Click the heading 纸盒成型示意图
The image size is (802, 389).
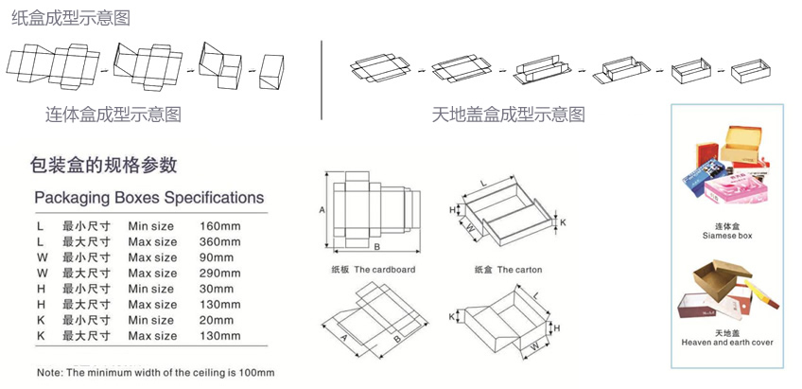[71, 18]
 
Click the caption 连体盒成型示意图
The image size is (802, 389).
[113, 115]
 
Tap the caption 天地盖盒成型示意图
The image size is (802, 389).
[508, 115]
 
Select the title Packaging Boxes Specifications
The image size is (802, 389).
[148, 198]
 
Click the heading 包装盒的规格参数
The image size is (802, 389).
[104, 165]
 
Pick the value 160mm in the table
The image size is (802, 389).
[220, 226]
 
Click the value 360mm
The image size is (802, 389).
[220, 242]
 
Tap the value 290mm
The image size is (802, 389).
[220, 274]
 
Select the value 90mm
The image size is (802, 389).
[218, 257]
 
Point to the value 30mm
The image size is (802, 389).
[218, 289]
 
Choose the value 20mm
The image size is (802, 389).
[218, 320]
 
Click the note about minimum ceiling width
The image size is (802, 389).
[155, 372]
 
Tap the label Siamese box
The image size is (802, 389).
[726, 234]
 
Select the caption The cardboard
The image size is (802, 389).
[367, 270]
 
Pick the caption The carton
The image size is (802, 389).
[507, 270]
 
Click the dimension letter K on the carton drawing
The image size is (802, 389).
[563, 223]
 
